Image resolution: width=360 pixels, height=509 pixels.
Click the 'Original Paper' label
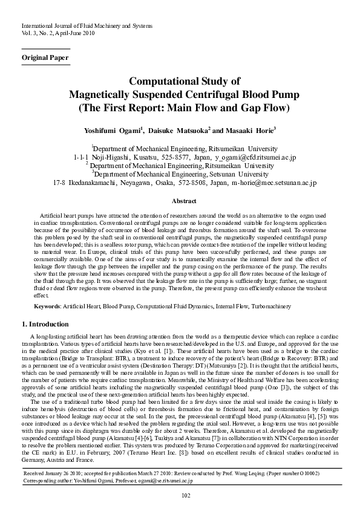point(45,57)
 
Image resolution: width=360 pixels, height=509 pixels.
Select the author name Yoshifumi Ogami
point(116,129)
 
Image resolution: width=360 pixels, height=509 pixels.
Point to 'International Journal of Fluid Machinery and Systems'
point(87,26)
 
